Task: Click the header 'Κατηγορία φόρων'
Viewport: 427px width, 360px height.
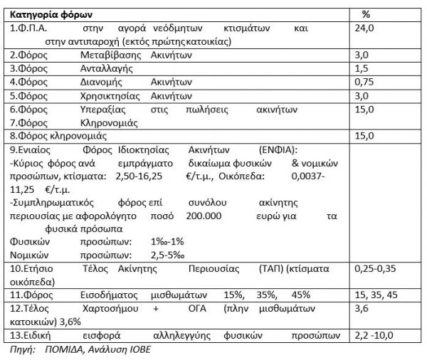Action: point(49,14)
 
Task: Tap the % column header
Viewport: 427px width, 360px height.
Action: point(366,14)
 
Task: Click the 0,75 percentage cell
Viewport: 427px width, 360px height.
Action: point(363,82)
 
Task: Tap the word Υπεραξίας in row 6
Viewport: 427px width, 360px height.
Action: point(102,109)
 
